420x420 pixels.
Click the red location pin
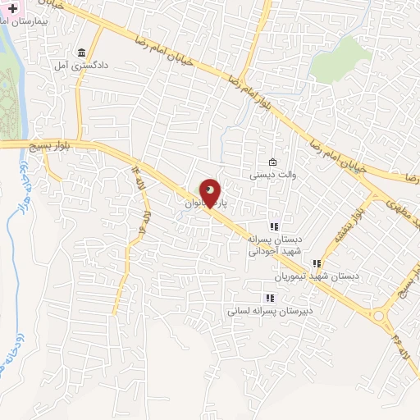point(211,192)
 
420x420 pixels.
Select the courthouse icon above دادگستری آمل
point(81,51)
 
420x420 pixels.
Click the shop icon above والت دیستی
point(273,162)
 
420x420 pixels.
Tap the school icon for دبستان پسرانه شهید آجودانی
point(274,226)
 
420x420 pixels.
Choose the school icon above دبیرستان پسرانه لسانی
point(268,298)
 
